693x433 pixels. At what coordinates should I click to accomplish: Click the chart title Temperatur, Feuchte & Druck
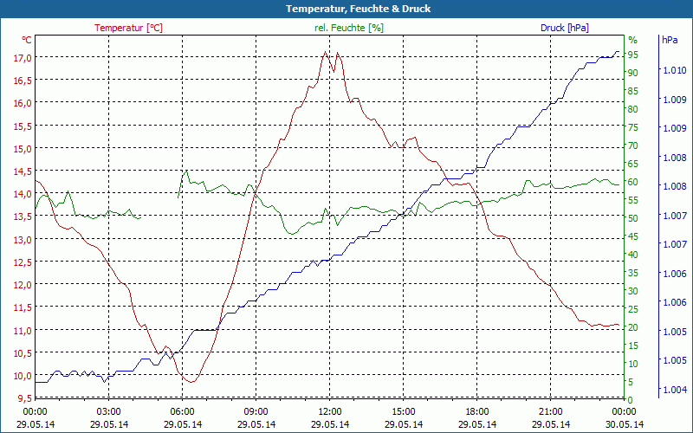(x=346, y=9)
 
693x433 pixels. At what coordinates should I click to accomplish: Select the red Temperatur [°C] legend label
(x=128, y=28)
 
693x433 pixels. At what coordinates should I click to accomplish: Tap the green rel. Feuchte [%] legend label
(x=348, y=28)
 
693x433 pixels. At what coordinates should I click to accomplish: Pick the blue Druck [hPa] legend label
(x=564, y=28)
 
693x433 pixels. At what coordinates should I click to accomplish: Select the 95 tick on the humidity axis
(x=633, y=55)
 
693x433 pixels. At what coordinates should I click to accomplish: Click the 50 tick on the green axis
(x=633, y=217)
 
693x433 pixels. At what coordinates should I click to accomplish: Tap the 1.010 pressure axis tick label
(x=674, y=70)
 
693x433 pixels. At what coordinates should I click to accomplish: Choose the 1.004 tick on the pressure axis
(x=674, y=390)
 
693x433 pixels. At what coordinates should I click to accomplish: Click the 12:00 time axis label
(x=330, y=411)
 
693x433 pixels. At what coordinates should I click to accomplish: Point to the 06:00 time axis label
(x=183, y=411)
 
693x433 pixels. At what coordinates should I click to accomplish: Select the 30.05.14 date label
(x=625, y=424)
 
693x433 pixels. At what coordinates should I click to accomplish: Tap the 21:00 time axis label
(x=551, y=411)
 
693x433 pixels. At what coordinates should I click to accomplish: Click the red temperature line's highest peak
(x=326, y=52)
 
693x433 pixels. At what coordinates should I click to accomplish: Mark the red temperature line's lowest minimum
(x=191, y=382)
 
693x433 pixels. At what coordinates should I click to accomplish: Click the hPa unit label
(x=670, y=40)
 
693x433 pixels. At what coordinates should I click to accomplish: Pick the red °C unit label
(x=27, y=40)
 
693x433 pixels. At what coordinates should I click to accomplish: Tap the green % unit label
(x=632, y=40)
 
